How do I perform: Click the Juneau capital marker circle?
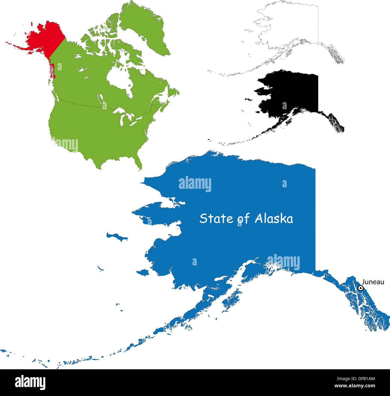pos(361,288)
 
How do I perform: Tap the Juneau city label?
pos(373,282)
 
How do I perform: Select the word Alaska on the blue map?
pos(274,219)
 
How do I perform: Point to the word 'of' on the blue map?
pos(244,219)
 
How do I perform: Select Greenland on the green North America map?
pos(144,27)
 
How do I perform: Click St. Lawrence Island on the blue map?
pos(117,237)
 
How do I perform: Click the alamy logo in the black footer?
pos(30,383)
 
